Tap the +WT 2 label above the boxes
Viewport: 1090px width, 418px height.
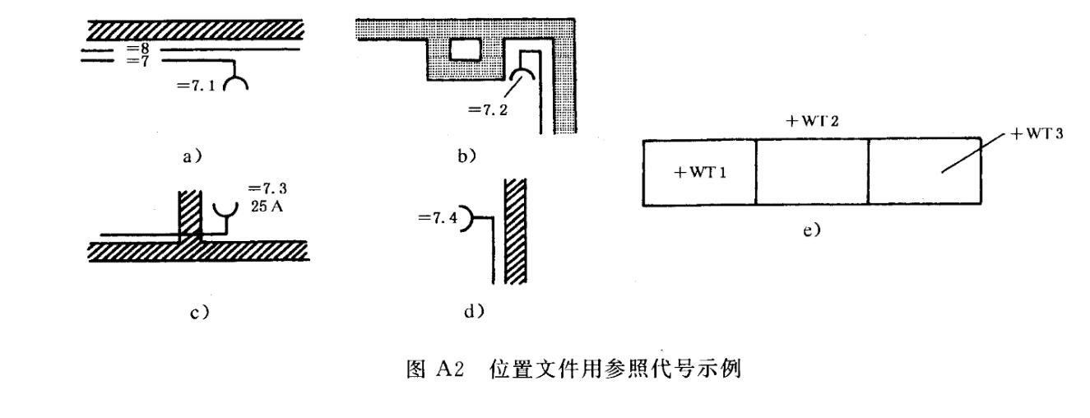click(x=812, y=122)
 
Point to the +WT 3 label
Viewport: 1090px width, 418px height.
click(x=1039, y=134)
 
